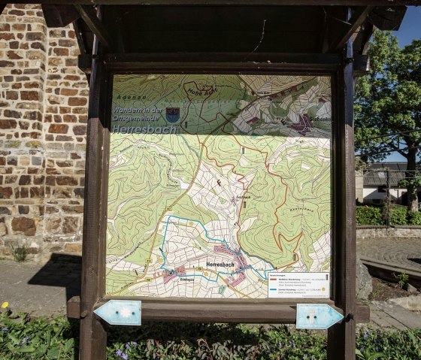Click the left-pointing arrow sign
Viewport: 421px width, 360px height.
coord(118,313)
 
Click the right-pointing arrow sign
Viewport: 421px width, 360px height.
coord(319,316)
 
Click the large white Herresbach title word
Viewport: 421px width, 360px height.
coord(145,129)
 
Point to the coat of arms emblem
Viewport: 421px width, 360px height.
coord(172,114)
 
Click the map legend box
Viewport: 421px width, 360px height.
coord(298,284)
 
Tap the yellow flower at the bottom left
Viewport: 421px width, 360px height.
coord(5,305)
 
